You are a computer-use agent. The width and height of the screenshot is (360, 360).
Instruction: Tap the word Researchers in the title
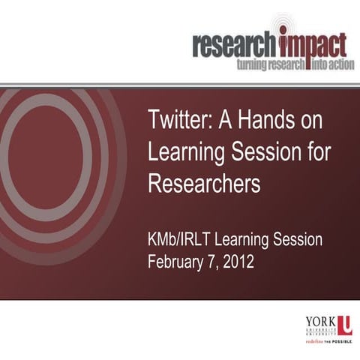204,184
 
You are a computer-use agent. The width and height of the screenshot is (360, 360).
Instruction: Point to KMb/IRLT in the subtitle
184,241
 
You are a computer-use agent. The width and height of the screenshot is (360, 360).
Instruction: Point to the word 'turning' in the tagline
252,65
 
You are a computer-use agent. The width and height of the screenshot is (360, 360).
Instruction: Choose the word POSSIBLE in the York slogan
346,340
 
